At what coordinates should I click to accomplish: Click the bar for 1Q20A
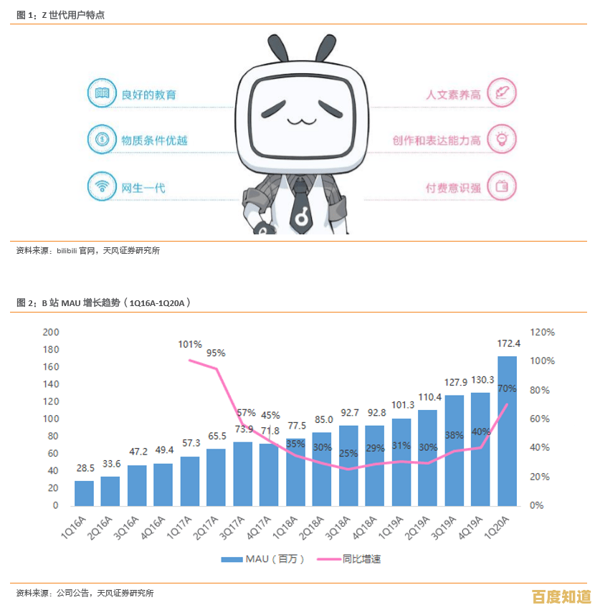pos(507,430)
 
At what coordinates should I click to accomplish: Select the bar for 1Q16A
pos(85,492)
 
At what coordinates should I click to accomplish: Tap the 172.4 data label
pos(508,343)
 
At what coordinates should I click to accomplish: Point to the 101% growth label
pos(190,345)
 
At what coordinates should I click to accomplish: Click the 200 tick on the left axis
pos(51,333)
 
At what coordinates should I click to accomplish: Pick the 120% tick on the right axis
pos(542,333)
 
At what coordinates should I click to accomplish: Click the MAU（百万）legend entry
pos(262,559)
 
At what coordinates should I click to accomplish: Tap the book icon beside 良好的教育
pos(102,93)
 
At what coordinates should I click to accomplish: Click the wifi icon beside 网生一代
pos(102,187)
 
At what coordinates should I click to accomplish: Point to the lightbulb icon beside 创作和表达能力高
pos(502,138)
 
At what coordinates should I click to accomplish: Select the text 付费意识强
pos(452,188)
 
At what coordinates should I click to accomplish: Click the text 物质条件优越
pos(154,140)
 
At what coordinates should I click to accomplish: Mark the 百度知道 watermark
pos(561,596)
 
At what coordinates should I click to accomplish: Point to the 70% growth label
pos(507,389)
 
